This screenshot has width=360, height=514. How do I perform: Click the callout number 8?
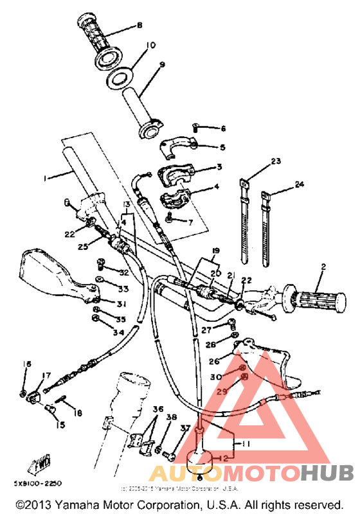pos(139,26)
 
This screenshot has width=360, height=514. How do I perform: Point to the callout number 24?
pos(298,184)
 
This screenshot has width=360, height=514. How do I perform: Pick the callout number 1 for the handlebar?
pos(45,178)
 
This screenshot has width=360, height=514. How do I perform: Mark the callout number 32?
pos(123,273)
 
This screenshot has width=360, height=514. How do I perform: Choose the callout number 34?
pos(118,332)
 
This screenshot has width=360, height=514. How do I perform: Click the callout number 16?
pos(26,364)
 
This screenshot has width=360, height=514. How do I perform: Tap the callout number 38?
pos(170,418)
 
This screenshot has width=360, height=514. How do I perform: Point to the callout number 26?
pos(214,361)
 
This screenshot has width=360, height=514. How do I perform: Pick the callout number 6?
pos(222,128)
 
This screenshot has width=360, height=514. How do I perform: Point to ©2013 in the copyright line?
pos(32,505)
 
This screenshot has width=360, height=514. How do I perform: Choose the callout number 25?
pos(83,247)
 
